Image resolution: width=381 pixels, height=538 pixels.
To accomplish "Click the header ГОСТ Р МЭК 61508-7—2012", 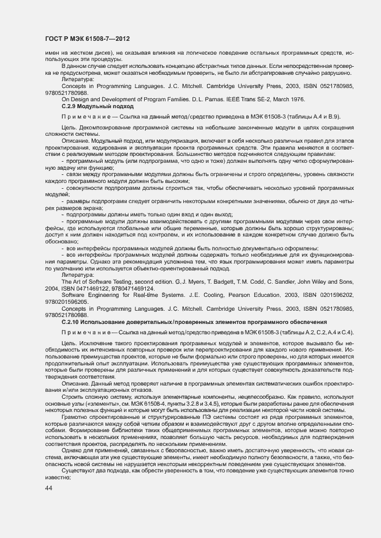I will click(87, 39).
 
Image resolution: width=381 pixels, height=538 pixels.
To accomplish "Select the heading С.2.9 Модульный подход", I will click(97, 106).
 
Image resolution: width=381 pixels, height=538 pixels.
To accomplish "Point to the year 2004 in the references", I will click(52, 288).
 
